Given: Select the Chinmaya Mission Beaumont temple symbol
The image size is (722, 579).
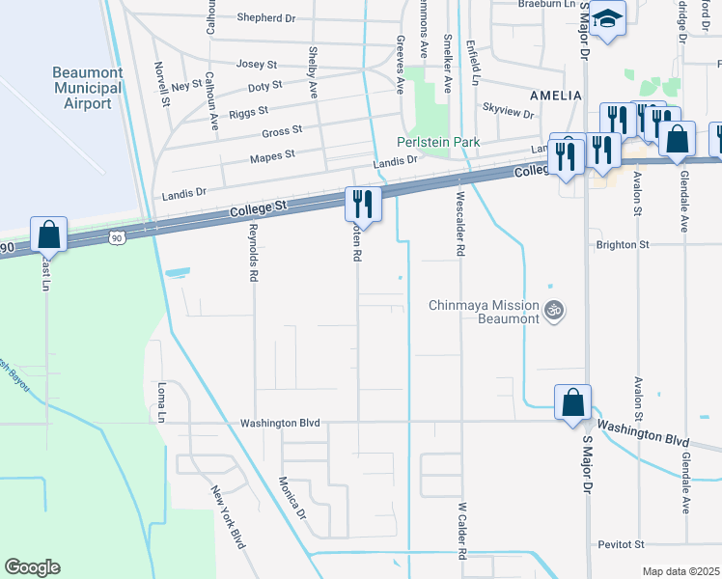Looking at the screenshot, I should click(554, 311).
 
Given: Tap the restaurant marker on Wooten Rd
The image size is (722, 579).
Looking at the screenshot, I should click(363, 204).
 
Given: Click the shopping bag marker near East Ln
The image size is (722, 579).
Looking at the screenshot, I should click(48, 234).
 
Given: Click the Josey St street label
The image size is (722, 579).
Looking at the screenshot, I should click(257, 65).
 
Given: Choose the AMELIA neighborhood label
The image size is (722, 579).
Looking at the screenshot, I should click(555, 96).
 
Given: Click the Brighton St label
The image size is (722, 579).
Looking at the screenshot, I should click(623, 245).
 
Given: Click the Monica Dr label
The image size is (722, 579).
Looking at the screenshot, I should click(292, 496).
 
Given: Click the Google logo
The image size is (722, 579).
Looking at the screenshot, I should click(33, 567).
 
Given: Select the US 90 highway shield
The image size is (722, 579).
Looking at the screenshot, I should click(117, 236).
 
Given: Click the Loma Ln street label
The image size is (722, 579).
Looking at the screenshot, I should click(162, 402).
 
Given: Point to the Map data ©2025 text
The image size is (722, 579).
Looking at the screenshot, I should click(681, 571).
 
